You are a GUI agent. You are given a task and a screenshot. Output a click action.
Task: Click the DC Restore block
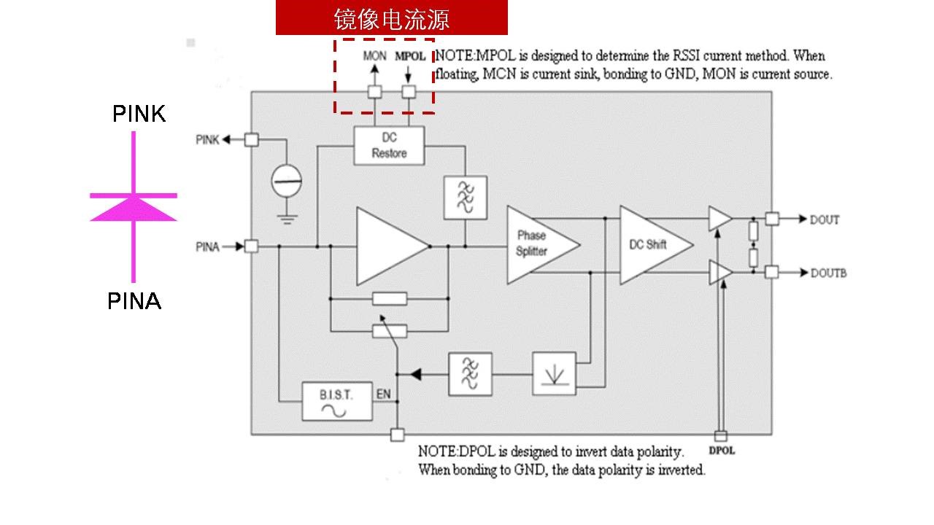point(389,146)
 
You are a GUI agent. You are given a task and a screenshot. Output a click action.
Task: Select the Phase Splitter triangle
point(536,244)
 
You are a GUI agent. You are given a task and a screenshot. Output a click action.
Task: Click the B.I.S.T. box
point(337,401)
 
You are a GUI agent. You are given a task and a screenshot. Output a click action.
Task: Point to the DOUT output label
point(825,219)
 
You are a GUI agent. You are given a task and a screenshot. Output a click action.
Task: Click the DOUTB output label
point(828,273)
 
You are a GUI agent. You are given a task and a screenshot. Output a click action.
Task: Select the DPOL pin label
point(721,451)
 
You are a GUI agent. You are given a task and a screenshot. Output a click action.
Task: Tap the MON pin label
point(374,55)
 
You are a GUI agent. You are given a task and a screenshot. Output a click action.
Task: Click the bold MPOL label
point(409,55)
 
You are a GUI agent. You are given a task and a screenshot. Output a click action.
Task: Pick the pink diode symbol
point(134,207)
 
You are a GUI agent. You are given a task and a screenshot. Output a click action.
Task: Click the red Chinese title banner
point(391,18)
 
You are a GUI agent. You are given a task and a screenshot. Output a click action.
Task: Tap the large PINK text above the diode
point(139,114)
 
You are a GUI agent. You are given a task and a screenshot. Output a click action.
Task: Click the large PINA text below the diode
point(134,301)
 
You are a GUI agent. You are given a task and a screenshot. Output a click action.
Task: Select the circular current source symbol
point(287,179)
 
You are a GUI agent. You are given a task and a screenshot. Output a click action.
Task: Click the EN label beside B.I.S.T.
point(383,394)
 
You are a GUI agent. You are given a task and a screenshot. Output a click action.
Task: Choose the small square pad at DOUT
point(772,219)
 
